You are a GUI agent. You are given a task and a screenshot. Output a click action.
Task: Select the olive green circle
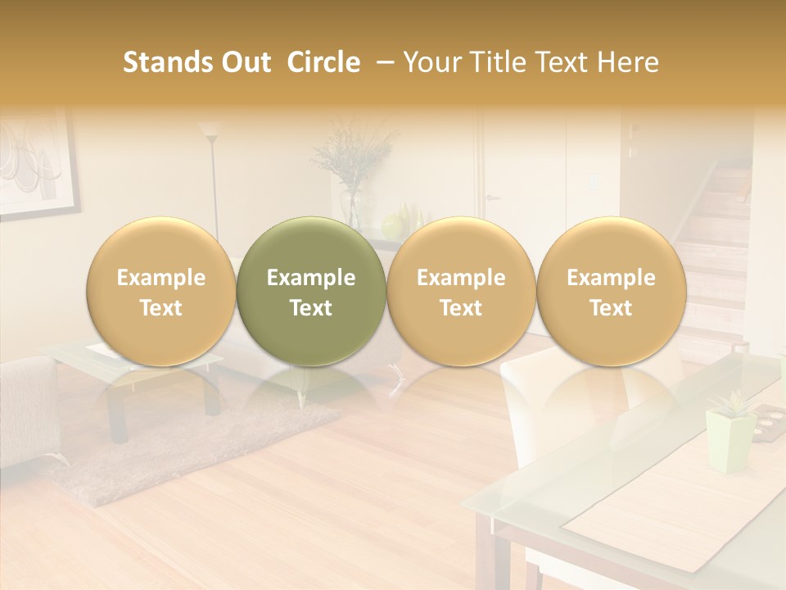tap(311, 292)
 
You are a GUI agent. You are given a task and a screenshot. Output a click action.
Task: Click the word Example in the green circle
tap(311, 278)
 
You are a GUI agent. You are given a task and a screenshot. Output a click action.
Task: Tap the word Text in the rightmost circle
tap(612, 308)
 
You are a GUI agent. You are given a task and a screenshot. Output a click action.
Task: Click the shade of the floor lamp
tap(210, 129)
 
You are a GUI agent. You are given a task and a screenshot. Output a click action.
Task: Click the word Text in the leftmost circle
tap(161, 308)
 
